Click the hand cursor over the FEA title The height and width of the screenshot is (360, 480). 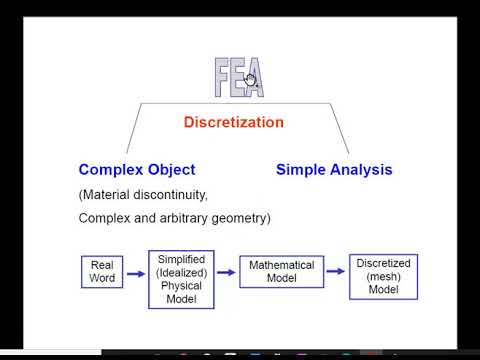click(251, 82)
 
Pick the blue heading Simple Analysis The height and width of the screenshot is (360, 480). click(334, 170)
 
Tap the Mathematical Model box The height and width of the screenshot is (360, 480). click(283, 272)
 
